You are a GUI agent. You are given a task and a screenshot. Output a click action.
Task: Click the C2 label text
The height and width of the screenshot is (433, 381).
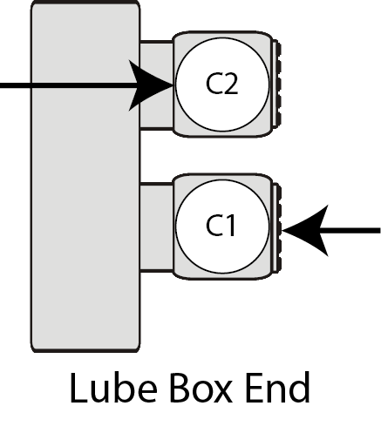click(x=222, y=84)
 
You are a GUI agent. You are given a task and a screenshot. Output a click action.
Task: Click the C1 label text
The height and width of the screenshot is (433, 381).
click(x=221, y=226)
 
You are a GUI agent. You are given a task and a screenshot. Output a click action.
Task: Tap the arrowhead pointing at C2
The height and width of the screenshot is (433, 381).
click(x=151, y=85)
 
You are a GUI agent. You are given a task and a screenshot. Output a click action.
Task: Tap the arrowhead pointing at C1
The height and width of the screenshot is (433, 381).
click(x=305, y=231)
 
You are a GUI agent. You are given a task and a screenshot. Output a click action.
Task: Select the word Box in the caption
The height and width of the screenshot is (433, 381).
click(x=201, y=389)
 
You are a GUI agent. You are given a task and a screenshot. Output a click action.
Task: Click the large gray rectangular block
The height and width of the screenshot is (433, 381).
click(x=85, y=177)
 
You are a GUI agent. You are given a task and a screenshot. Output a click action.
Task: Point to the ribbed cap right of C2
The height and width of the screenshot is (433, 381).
click(x=277, y=84)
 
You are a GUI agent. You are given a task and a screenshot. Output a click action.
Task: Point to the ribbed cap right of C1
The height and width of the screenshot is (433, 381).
click(x=277, y=227)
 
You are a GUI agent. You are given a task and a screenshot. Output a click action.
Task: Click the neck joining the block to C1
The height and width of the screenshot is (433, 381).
click(x=157, y=227)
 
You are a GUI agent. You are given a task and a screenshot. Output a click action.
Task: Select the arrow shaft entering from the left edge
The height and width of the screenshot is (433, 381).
click(x=70, y=85)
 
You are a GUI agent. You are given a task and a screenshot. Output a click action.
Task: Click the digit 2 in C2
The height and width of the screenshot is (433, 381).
click(x=231, y=84)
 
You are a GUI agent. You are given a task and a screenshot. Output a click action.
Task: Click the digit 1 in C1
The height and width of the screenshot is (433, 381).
click(x=229, y=226)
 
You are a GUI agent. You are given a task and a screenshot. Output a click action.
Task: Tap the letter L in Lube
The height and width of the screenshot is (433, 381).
click(x=79, y=389)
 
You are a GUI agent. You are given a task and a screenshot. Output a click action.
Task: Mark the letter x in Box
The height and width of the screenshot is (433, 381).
click(x=222, y=393)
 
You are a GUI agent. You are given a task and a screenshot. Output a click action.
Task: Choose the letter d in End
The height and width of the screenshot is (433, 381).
click(x=300, y=388)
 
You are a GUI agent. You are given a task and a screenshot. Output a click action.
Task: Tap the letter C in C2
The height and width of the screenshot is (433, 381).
click(x=214, y=84)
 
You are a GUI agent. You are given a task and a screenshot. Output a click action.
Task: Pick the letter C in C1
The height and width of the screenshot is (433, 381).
click(x=214, y=226)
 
